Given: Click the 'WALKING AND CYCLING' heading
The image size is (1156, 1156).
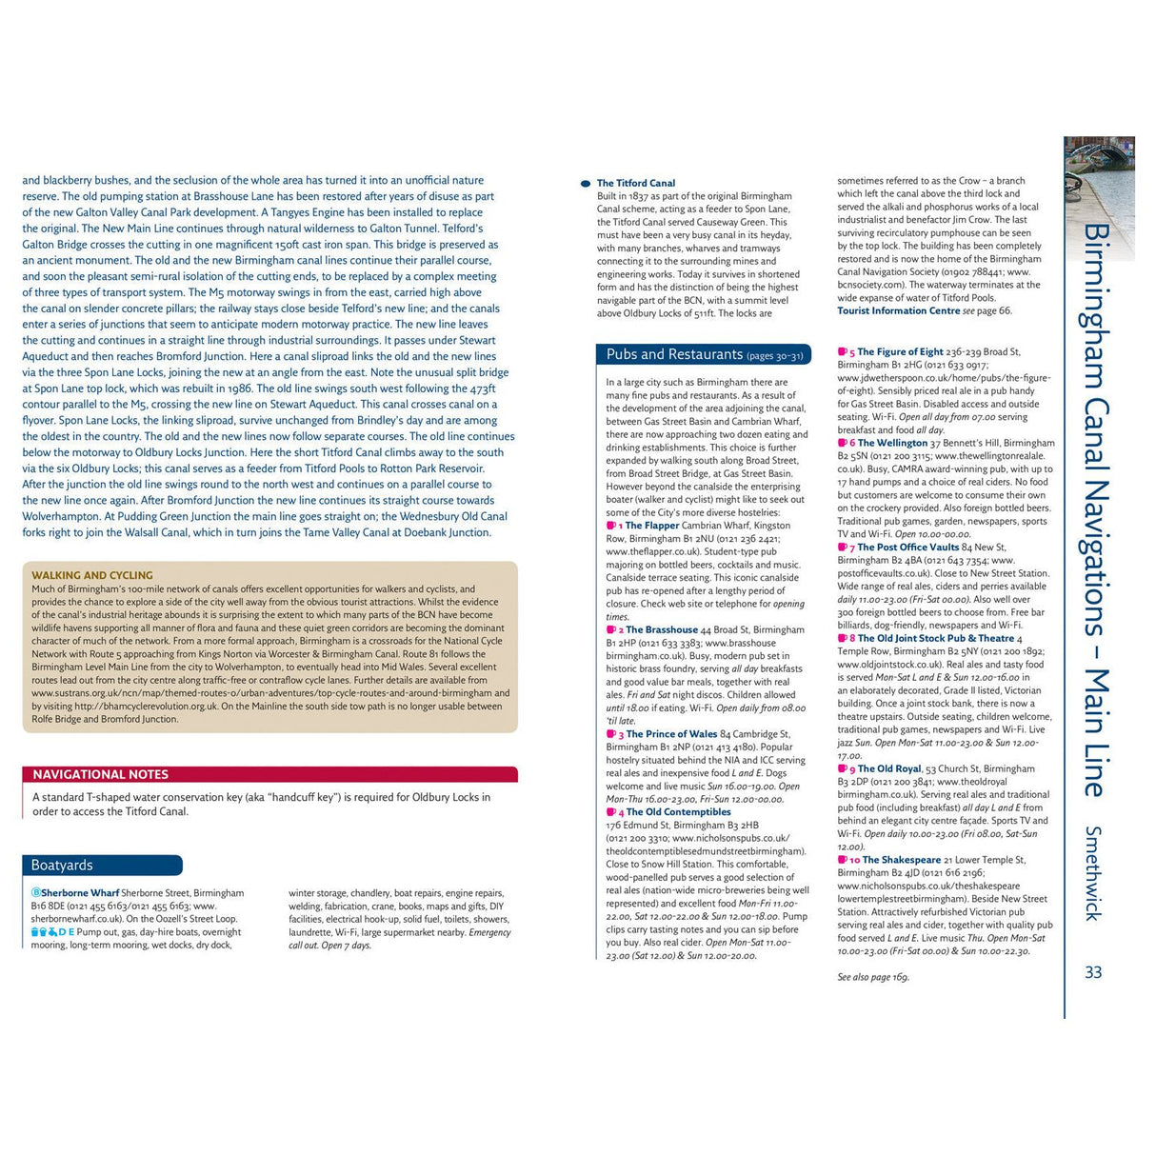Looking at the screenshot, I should [92, 575].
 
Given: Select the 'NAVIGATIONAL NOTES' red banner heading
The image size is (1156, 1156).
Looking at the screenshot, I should [101, 774].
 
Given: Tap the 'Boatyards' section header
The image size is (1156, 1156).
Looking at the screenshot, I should [63, 865].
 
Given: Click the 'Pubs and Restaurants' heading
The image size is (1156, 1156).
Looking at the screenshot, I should [674, 354].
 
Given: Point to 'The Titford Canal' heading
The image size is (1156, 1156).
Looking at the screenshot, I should [636, 183].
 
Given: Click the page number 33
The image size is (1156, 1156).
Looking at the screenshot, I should [1093, 972].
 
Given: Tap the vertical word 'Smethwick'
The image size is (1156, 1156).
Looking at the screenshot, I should [1093, 872].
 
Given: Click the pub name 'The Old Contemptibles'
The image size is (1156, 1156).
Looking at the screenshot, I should [678, 812].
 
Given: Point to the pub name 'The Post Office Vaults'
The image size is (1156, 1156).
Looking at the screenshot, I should [907, 548].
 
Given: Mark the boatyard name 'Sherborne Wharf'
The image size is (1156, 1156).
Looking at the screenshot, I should [80, 893].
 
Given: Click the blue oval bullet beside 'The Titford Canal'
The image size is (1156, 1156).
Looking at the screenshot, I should [586, 184].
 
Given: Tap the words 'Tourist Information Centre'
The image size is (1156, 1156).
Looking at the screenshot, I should [898, 310].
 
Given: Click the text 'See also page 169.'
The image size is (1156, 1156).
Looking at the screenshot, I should [873, 977].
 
